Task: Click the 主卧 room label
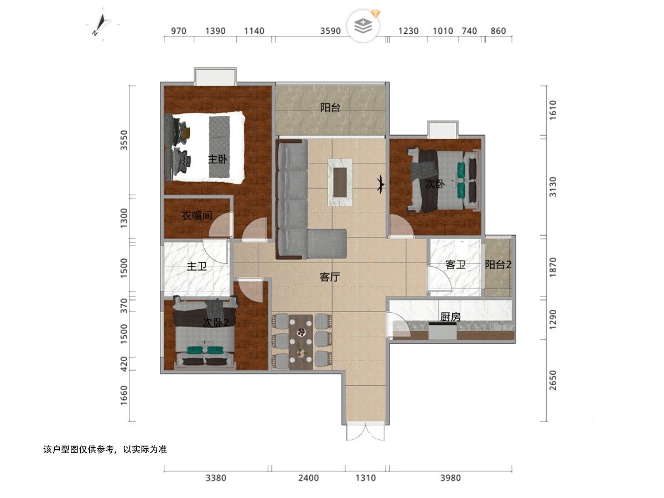[x=217, y=159]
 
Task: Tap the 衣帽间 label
[x=196, y=216]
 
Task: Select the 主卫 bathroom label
[x=196, y=266]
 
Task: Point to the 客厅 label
[x=330, y=277]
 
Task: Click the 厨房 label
[x=450, y=317]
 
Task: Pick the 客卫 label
[x=455, y=265]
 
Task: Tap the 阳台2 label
[x=498, y=265]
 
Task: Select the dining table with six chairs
[x=300, y=342]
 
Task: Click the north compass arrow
[x=100, y=25]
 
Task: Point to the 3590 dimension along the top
[x=330, y=31]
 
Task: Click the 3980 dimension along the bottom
[x=450, y=478]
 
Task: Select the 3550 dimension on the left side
[x=124, y=140]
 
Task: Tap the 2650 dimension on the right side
[x=553, y=380]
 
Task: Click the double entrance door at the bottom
[x=366, y=432]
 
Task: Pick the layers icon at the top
[x=363, y=26]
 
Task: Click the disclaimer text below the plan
[x=105, y=450]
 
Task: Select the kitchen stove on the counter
[x=442, y=331]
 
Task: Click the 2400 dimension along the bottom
[x=308, y=478]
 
